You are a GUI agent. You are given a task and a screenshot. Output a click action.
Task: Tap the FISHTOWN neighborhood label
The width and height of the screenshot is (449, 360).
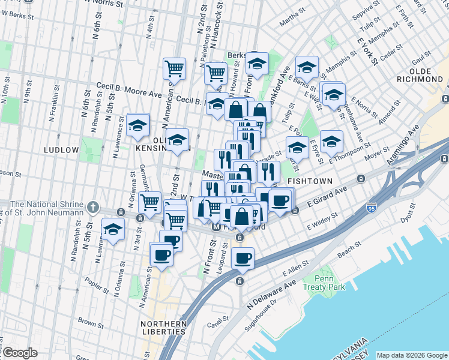[x=308, y=180]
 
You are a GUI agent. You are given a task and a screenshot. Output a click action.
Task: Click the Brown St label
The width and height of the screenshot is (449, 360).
[x=90, y=323]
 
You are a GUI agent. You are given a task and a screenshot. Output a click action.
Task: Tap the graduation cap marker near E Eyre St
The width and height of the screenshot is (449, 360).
[x=331, y=142]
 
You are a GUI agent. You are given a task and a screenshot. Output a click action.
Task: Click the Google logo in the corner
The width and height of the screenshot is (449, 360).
[x=20, y=353]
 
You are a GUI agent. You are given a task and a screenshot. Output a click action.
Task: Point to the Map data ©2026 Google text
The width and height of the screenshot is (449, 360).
[x=411, y=355]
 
